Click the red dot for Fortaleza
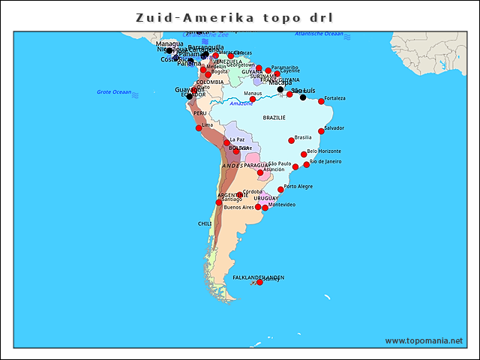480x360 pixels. pyautogui.click(x=321, y=101)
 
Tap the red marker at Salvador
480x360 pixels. pyautogui.click(x=322, y=131)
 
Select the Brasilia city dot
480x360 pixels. pyautogui.click(x=291, y=140)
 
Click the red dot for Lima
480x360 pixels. pyautogui.click(x=199, y=128)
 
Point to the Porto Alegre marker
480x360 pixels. pyautogui.click(x=281, y=190)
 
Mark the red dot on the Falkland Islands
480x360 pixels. pyautogui.click(x=259, y=282)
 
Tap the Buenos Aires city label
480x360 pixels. pyautogui.click(x=238, y=207)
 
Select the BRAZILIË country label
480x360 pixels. pyautogui.click(x=274, y=118)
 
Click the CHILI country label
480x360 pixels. pyautogui.click(x=205, y=223)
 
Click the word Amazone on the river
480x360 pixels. pyautogui.click(x=241, y=103)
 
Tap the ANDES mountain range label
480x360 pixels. pyautogui.click(x=232, y=165)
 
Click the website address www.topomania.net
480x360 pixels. pyautogui.click(x=424, y=340)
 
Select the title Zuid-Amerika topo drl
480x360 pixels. pyautogui.click(x=235, y=16)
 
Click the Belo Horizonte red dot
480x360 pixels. pyautogui.click(x=304, y=154)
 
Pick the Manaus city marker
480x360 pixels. pyautogui.click(x=253, y=99)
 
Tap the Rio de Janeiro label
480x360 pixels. pyautogui.click(x=325, y=161)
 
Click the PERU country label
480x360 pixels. pyautogui.click(x=199, y=113)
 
